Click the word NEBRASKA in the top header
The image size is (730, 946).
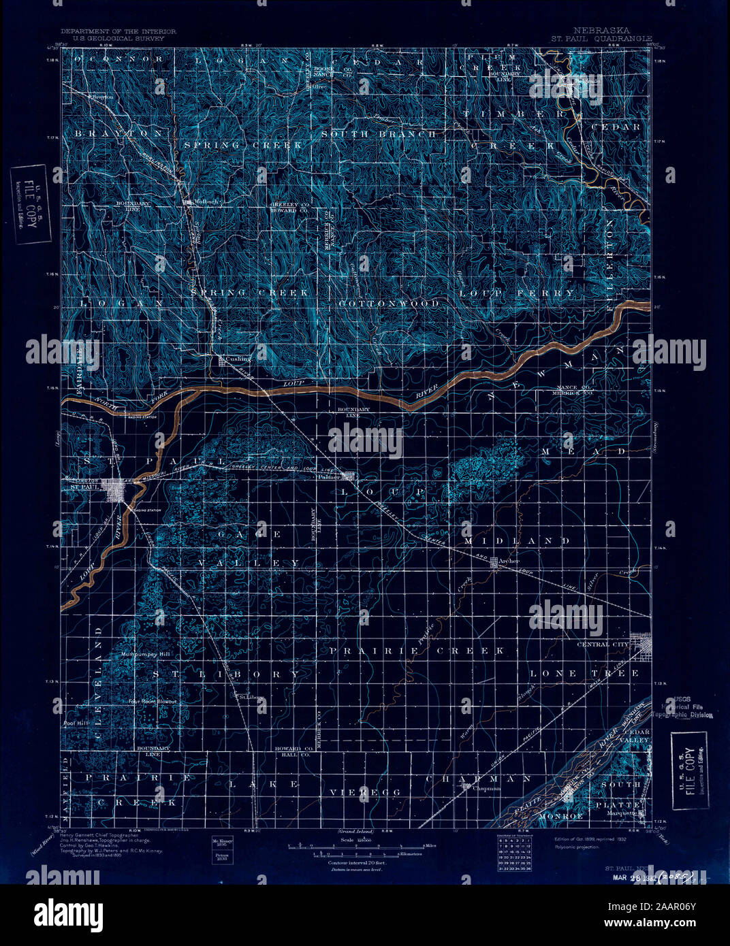point(602,31)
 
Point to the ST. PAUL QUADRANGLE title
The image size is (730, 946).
point(601,39)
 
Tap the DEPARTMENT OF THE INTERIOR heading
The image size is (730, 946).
point(118,31)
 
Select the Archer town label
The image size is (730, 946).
point(509,561)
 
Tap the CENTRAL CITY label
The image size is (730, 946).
point(603,644)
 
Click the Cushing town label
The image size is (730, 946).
point(238,359)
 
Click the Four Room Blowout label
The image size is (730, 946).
point(154,702)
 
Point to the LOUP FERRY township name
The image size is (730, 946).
point(517,293)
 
